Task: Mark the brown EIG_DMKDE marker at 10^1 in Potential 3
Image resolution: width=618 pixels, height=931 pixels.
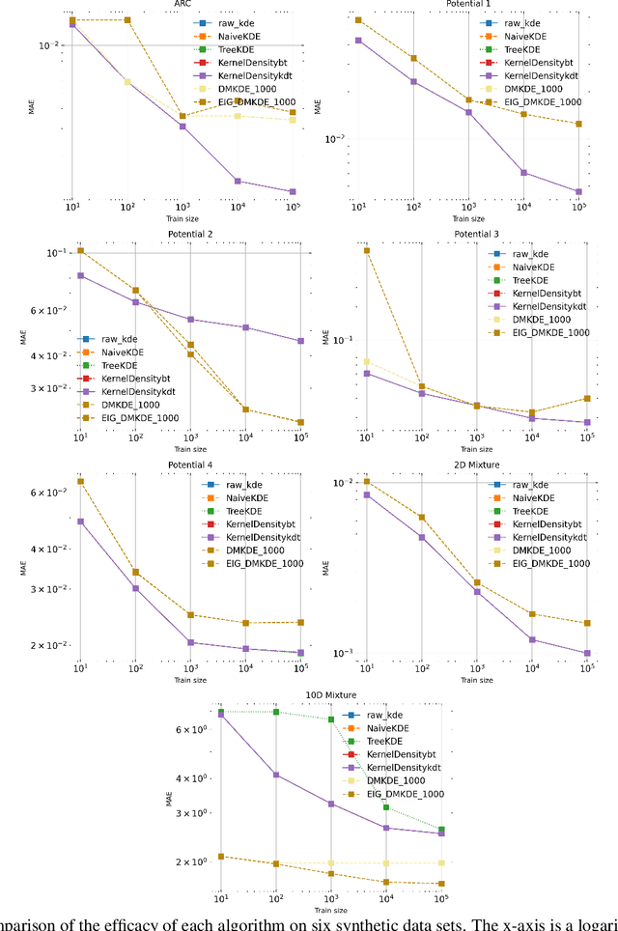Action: pyautogui.click(x=367, y=250)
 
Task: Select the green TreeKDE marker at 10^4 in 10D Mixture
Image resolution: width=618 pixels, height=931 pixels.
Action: pyautogui.click(x=386, y=807)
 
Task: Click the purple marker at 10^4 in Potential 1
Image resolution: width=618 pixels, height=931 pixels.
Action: pyautogui.click(x=523, y=173)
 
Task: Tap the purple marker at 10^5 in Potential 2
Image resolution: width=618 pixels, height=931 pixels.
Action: pyautogui.click(x=300, y=340)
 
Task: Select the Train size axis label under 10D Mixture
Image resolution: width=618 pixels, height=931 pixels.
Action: pyautogui.click(x=330, y=909)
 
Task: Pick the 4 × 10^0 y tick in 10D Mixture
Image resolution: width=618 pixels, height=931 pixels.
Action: pyautogui.click(x=193, y=777)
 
